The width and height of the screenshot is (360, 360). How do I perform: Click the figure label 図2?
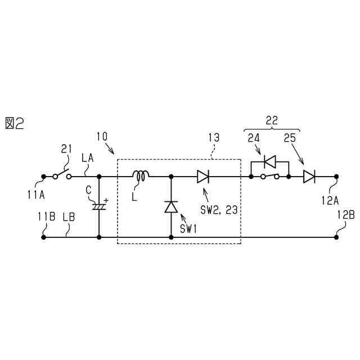coord(15,123)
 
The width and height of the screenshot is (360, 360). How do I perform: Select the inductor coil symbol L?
coord(140,177)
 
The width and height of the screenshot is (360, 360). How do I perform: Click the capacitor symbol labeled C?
coord(99,206)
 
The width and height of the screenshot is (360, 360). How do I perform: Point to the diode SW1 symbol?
coord(170,207)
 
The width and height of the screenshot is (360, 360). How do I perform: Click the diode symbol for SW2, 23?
coord(202,177)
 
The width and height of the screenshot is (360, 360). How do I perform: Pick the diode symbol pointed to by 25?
coord(309,177)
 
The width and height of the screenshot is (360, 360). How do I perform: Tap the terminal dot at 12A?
coord(336,177)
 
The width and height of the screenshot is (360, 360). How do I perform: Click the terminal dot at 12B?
coord(336,237)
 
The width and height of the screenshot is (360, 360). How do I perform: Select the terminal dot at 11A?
coord(43,177)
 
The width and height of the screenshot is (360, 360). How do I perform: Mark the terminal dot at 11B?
coord(43,237)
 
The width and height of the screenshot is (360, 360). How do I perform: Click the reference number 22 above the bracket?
coord(272,120)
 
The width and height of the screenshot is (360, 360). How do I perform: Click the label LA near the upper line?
coord(88,160)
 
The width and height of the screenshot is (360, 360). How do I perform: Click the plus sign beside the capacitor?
coord(106,199)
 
